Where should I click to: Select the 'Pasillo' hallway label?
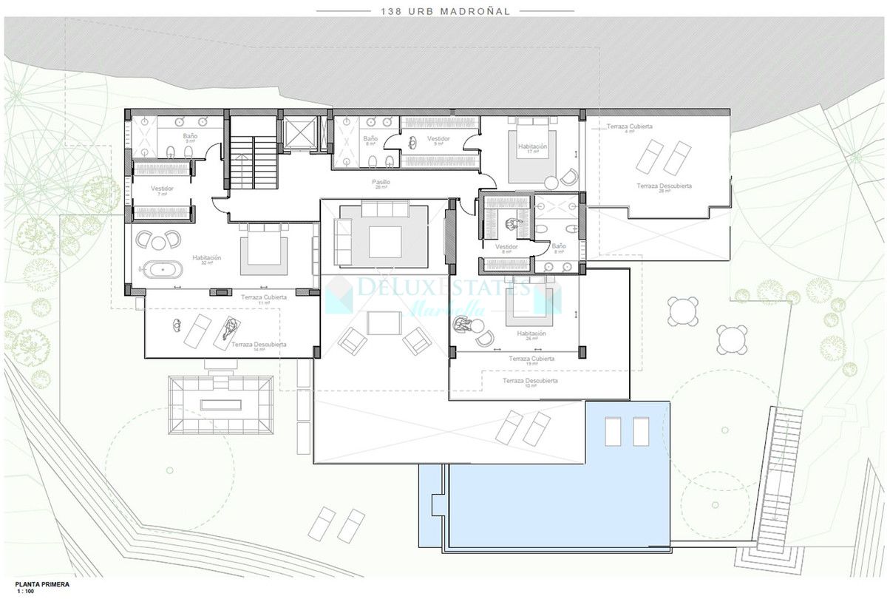pyautogui.click(x=381, y=182)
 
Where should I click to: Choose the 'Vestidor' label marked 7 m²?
pyautogui.click(x=162, y=189)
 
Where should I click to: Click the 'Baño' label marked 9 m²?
pyautogui.click(x=189, y=137)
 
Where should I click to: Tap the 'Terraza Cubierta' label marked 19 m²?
pyautogui.click(x=531, y=359)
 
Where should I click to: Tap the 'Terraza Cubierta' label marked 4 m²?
pyautogui.click(x=630, y=127)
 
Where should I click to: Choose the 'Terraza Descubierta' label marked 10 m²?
pyautogui.click(x=529, y=381)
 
